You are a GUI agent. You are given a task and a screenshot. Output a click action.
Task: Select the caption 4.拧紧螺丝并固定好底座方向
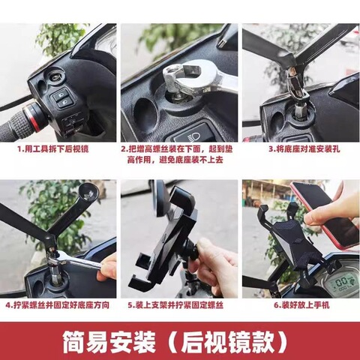(x=56, y=305)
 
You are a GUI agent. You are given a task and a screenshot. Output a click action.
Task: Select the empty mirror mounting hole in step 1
(x=56, y=76)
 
